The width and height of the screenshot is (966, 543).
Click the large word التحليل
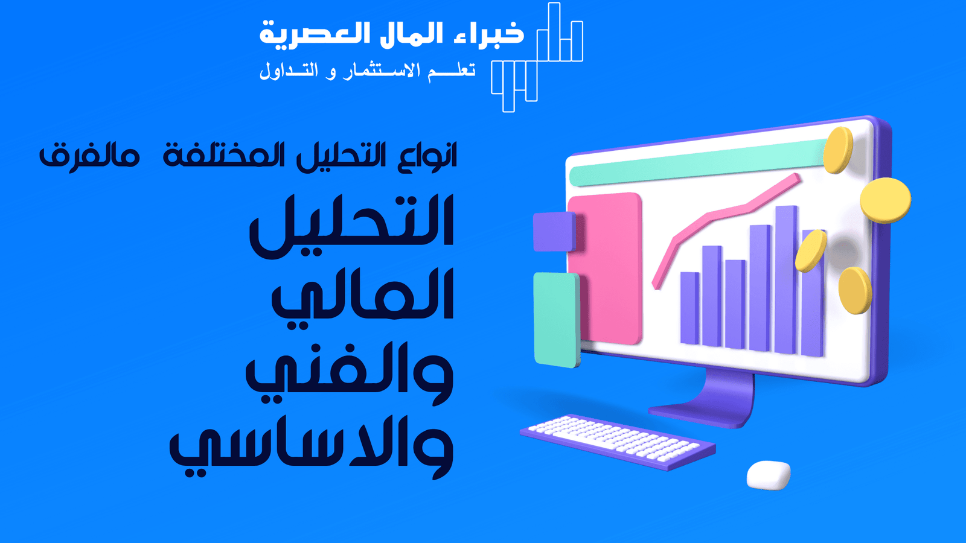pos(351,226)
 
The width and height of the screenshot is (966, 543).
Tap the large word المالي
pos(362,298)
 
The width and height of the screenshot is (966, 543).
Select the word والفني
pos(350,373)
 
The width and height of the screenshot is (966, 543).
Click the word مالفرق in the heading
pos(89,156)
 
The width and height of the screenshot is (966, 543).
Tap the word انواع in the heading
pos(427,157)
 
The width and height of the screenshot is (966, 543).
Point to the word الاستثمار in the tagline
pos(381,71)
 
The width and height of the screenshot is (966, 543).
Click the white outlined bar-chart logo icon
pos(537,57)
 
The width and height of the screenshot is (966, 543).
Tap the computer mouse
pos(769,475)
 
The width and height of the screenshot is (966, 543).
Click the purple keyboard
pos(618,441)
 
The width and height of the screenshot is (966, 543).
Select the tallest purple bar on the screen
pos(786,279)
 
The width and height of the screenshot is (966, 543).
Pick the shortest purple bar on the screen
pos(689,308)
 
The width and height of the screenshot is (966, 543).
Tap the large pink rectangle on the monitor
pos(604,268)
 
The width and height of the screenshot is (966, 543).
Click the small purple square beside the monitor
pos(555,232)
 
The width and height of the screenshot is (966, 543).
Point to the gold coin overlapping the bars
pos(811,251)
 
